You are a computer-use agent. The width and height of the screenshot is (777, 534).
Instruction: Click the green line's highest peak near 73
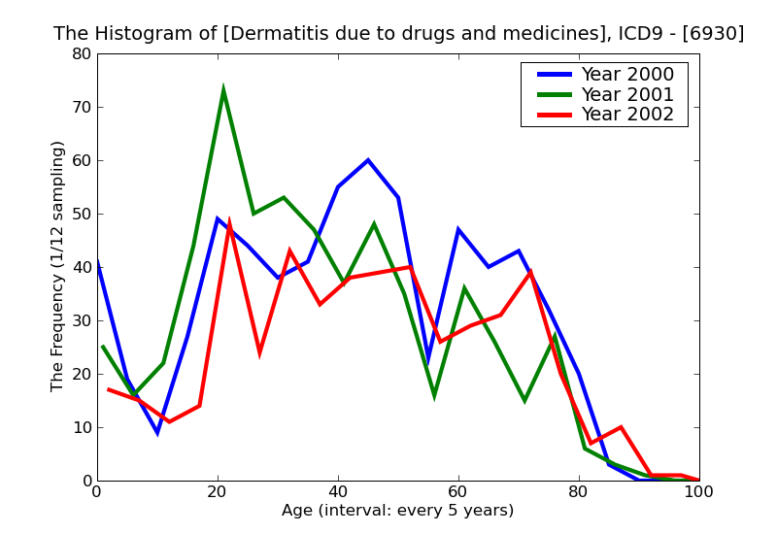tap(223, 89)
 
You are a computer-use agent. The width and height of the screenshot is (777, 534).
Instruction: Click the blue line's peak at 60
tap(368, 160)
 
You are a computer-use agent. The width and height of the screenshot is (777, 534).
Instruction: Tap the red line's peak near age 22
tap(229, 220)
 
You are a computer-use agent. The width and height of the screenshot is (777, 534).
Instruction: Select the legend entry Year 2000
tap(626, 75)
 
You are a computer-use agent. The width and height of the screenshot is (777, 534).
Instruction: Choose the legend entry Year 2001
tap(626, 94)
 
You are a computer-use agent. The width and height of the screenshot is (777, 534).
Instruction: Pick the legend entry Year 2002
tap(626, 115)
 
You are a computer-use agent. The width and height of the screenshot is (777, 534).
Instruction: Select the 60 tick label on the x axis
tap(458, 492)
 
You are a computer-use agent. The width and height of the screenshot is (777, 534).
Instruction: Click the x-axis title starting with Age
tap(397, 511)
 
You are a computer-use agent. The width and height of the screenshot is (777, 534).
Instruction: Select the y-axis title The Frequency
tap(58, 266)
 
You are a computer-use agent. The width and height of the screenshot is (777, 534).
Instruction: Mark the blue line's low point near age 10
tap(157, 432)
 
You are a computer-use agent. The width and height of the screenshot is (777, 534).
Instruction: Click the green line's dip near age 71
tap(524, 400)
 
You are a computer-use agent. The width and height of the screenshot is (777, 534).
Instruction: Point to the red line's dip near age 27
tap(259, 352)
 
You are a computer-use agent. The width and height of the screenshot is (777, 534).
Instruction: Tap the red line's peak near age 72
tap(530, 273)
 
